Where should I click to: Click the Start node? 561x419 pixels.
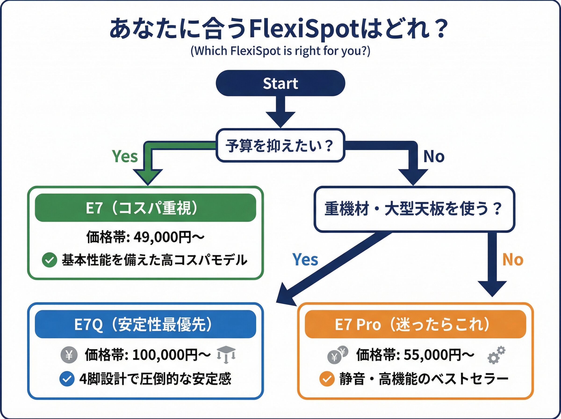(x=280, y=83)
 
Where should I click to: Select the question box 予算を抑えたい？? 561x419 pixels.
(x=280, y=146)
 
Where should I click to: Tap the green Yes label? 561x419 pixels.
(x=125, y=156)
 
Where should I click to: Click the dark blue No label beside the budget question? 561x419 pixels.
(x=434, y=156)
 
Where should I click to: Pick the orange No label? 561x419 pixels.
(x=513, y=260)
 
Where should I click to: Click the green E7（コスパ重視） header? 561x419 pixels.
(x=145, y=208)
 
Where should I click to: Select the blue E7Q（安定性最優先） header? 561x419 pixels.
(x=145, y=324)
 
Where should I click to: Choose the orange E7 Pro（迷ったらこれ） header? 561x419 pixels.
(x=415, y=324)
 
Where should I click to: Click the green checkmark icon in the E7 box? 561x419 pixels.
(x=49, y=260)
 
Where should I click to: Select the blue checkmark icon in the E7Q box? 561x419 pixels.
(x=67, y=379)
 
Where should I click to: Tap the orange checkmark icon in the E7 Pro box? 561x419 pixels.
(x=327, y=379)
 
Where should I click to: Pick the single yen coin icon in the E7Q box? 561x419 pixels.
(x=69, y=355)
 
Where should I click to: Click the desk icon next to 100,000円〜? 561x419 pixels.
(x=226, y=354)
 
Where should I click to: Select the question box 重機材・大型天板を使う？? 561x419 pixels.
(x=414, y=209)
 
